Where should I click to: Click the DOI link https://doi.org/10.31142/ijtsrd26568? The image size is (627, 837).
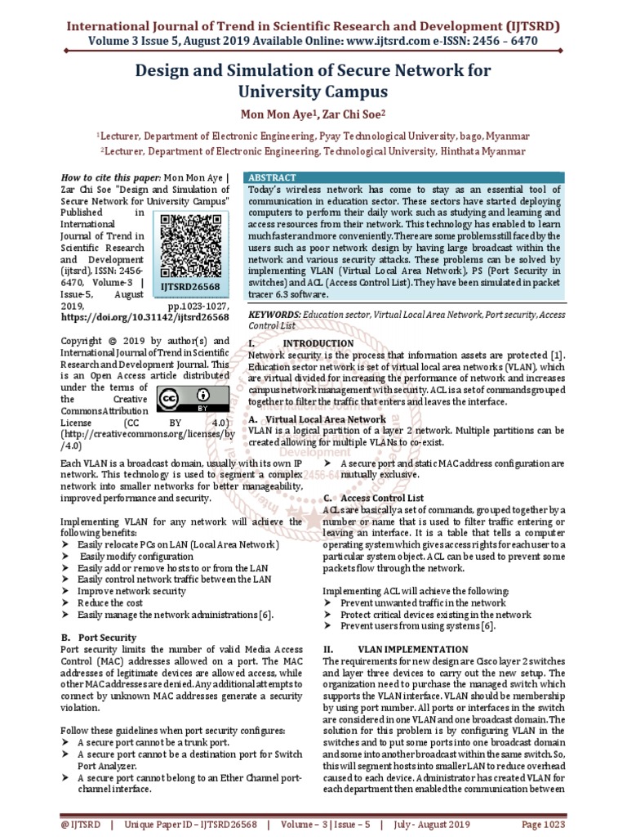(x=145, y=316)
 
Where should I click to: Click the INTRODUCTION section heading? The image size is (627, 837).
(x=318, y=343)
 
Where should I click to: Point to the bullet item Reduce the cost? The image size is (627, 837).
(x=111, y=602)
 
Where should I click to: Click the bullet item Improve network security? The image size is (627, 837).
(x=131, y=590)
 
